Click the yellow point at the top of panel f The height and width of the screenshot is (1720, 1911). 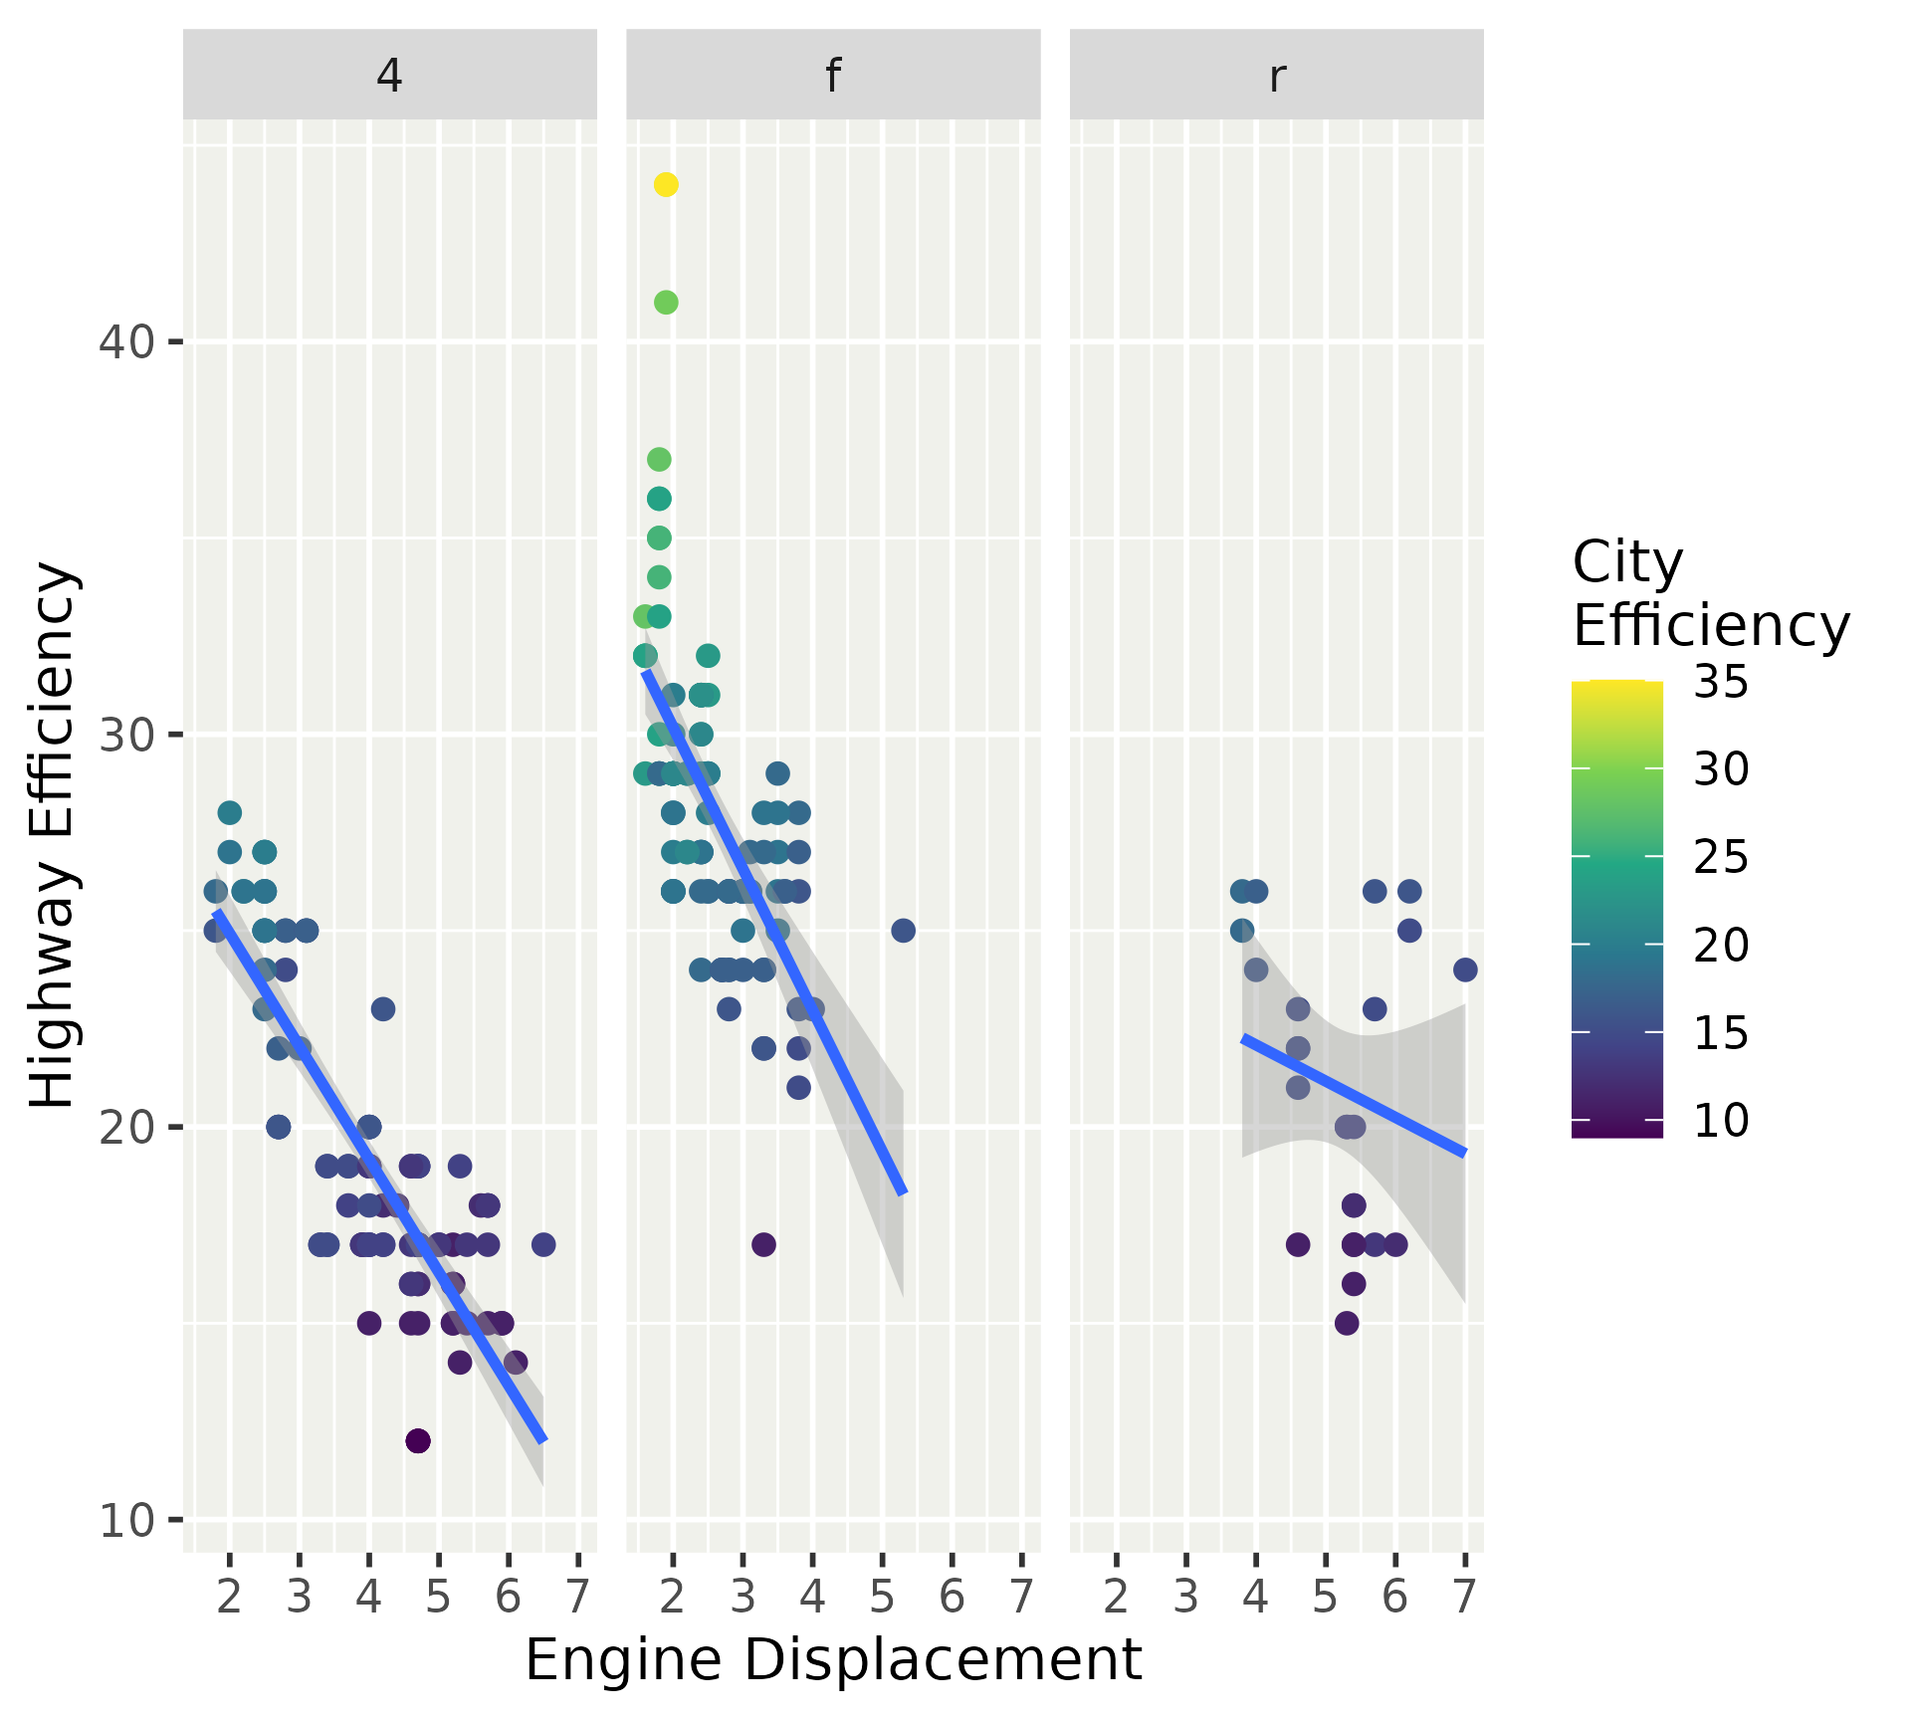coord(666,184)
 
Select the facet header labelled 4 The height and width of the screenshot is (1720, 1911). coord(389,75)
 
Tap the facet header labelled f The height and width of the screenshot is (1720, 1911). coord(833,75)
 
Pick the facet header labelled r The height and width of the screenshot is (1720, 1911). coord(1277,75)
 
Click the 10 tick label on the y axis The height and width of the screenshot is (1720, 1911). coord(125,1520)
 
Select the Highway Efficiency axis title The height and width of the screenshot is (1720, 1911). coord(52,835)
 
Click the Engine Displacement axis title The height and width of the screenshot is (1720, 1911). coord(833,1659)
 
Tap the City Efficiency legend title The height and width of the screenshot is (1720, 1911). coord(1710,594)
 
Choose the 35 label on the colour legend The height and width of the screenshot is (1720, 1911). coord(1721,683)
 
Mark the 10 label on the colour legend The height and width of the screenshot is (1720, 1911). coord(1721,1121)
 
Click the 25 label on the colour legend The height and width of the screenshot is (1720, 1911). coord(1721,857)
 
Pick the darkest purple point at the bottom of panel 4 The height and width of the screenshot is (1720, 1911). coord(418,1440)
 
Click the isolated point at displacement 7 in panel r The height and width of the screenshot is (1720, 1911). coord(1465,969)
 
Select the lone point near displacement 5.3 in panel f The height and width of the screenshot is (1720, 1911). coord(903,931)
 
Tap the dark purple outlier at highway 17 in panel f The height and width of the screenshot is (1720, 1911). coord(763,1244)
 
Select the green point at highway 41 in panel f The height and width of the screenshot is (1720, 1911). coord(666,303)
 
